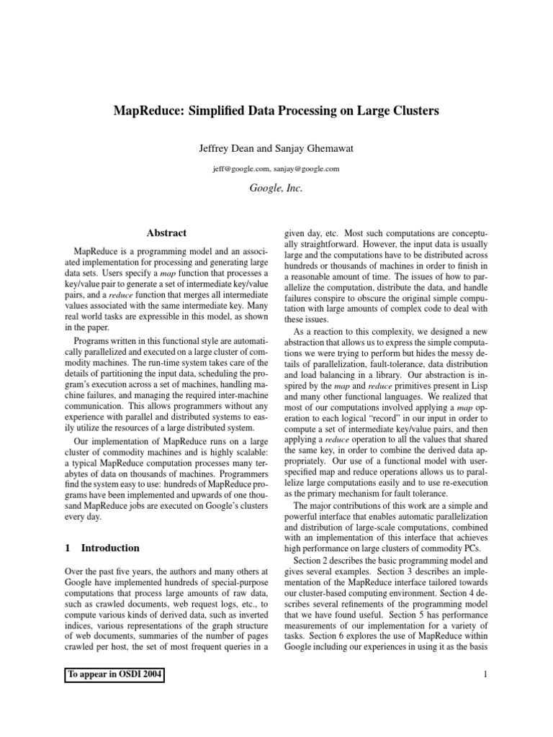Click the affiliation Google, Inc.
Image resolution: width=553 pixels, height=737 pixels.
tap(276, 188)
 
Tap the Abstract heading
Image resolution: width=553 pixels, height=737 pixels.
tap(166, 233)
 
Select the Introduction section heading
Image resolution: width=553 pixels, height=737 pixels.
tap(110, 548)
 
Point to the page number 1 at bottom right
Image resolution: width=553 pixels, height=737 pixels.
tap(487, 674)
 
